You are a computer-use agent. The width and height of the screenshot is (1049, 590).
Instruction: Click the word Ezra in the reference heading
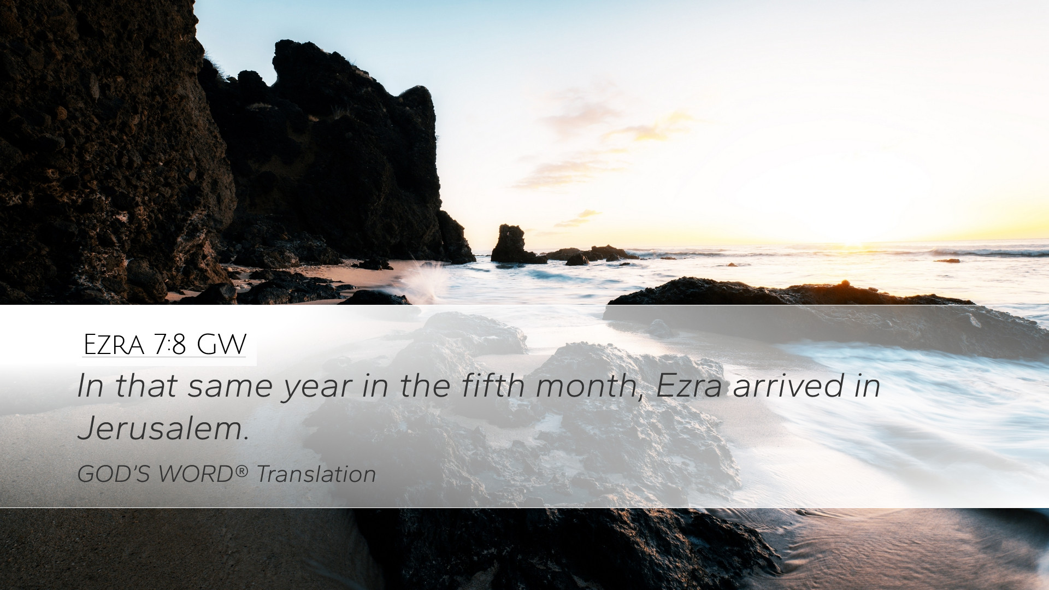click(x=114, y=345)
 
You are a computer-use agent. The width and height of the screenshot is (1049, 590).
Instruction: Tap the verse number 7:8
click(x=170, y=345)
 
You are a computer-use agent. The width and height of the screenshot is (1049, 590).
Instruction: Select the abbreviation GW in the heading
click(x=221, y=345)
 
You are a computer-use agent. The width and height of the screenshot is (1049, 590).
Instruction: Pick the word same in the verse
click(x=231, y=387)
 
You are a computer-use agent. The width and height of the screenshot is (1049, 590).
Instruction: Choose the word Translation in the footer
click(x=316, y=474)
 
